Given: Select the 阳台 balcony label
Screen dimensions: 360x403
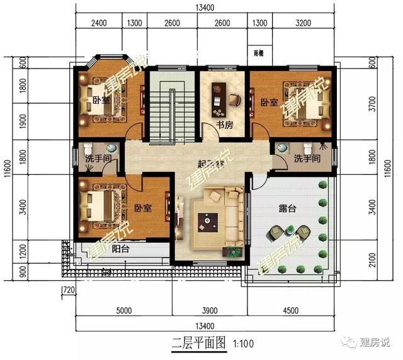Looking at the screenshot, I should click(x=122, y=249).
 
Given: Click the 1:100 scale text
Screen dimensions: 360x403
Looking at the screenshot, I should click(x=243, y=344).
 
